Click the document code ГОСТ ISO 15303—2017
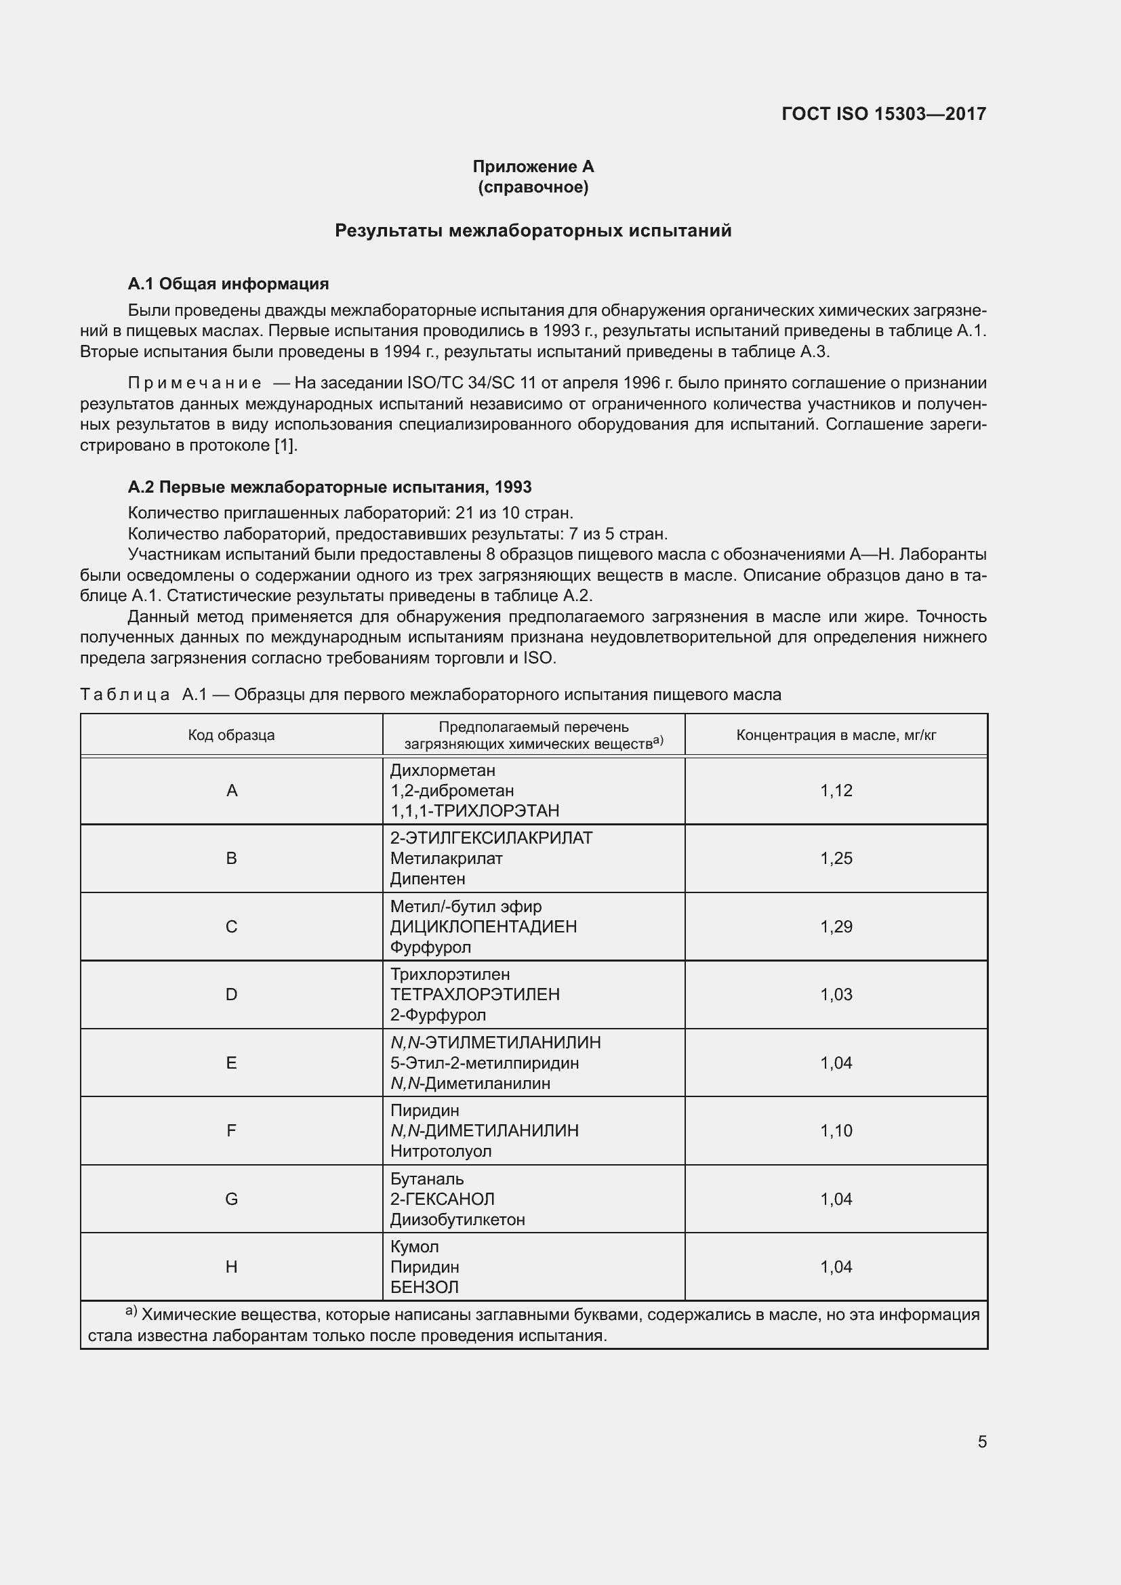884,114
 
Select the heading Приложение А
533,167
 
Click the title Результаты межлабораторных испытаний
533,230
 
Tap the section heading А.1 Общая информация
228,284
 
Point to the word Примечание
195,383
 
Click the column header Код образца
231,735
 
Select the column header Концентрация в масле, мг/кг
836,735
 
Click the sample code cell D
231,995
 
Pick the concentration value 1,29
836,926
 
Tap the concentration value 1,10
836,1131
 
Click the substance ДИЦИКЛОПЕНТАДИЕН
483,926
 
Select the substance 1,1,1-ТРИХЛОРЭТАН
475,810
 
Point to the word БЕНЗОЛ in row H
424,1288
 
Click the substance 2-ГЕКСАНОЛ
443,1199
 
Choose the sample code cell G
231,1199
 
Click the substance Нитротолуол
441,1151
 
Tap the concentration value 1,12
836,790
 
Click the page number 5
981,1442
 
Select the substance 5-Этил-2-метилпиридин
485,1063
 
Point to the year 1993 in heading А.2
513,487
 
